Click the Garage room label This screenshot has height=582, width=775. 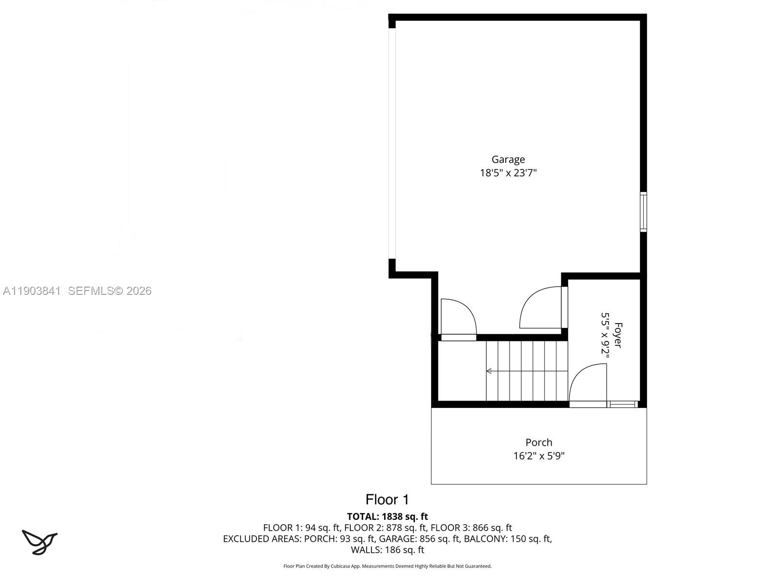pyautogui.click(x=508, y=159)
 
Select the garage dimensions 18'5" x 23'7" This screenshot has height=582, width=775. pyautogui.click(x=508, y=173)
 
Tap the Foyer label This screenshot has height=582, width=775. pyautogui.click(x=618, y=335)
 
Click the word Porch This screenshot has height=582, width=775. pyautogui.click(x=539, y=442)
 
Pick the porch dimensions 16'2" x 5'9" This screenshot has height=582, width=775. pyautogui.click(x=539, y=456)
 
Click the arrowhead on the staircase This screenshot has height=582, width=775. pyautogui.click(x=489, y=371)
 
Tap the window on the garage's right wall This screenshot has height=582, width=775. pyautogui.click(x=643, y=211)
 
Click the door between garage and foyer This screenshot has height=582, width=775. pyautogui.click(x=540, y=308)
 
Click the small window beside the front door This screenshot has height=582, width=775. pyautogui.click(x=622, y=404)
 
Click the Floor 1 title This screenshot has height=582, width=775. pyautogui.click(x=387, y=500)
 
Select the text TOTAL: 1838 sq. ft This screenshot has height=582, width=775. pyautogui.click(x=387, y=517)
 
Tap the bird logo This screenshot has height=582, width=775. pyautogui.click(x=39, y=542)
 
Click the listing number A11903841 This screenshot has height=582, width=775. pyautogui.click(x=31, y=291)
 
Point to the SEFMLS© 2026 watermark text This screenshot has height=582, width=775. pyautogui.click(x=109, y=291)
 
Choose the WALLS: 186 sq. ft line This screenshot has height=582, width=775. pyautogui.click(x=387, y=550)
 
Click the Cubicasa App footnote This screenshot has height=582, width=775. pyautogui.click(x=387, y=566)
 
